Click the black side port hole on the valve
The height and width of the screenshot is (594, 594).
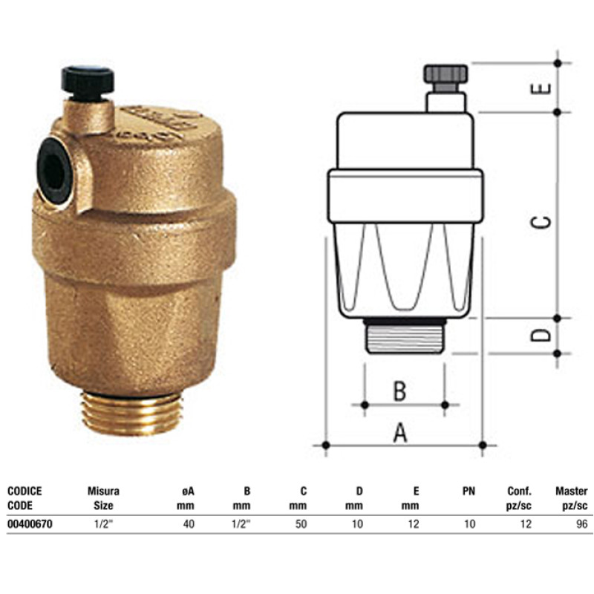point(54,170)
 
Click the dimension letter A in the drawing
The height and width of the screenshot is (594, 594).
point(400,432)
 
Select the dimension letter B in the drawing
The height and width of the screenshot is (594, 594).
point(399,391)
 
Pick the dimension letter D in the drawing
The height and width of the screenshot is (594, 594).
point(544,334)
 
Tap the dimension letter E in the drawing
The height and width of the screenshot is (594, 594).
point(544,87)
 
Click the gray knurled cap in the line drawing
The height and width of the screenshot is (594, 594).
point(446,74)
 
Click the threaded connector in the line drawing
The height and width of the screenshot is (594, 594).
point(405,336)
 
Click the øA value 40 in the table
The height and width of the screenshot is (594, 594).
point(189,524)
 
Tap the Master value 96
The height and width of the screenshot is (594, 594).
point(581,524)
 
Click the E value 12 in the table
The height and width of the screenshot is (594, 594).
point(414,524)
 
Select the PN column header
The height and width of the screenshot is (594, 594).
point(468,491)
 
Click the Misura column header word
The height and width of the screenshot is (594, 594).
point(103,491)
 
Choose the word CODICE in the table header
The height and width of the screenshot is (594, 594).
point(25,491)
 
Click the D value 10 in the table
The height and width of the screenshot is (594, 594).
point(358,524)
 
